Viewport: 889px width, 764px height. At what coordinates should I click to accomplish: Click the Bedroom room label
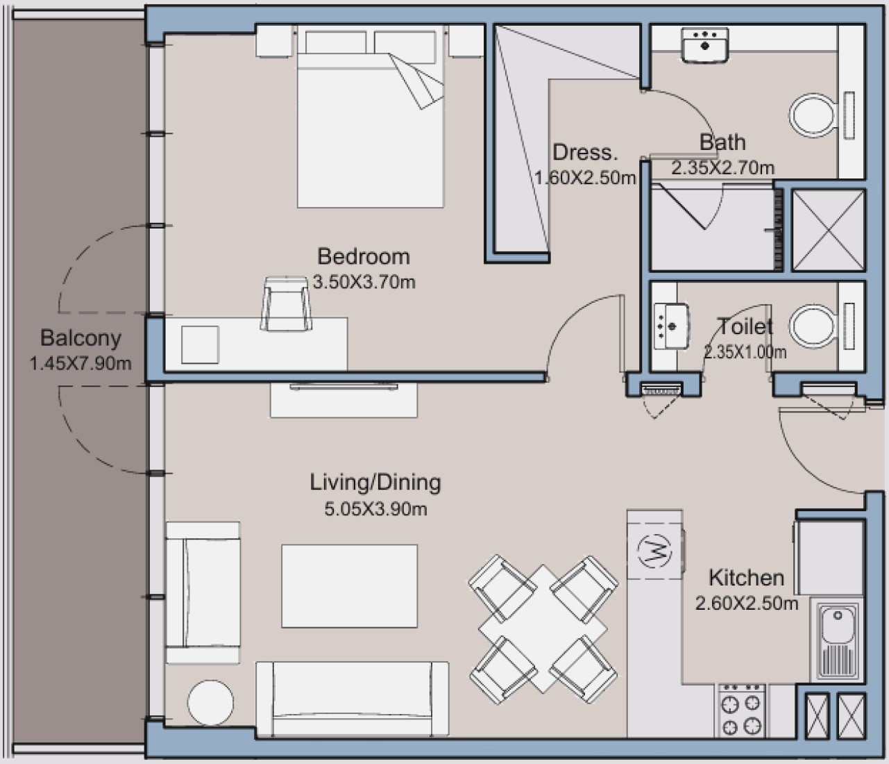pos(364,256)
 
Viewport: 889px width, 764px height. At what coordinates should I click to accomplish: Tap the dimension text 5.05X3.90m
pos(375,509)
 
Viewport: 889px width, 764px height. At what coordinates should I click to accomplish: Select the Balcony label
pos(81,338)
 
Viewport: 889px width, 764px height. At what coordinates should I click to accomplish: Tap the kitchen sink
pos(836,640)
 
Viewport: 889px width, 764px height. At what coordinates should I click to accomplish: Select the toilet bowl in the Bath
pos(813,115)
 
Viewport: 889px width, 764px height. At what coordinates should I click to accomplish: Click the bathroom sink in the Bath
pos(704,44)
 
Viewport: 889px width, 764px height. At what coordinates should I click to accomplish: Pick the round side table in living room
pos(210,703)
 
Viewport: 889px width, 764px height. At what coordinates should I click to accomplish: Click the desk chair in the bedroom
pos(286,304)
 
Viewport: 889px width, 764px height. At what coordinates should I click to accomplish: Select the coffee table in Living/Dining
pos(349,586)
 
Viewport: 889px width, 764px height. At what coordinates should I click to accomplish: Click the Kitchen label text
pos(747,578)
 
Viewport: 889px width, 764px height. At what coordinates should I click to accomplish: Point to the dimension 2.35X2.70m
pos(722,167)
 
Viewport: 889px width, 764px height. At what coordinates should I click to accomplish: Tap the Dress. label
pos(585,152)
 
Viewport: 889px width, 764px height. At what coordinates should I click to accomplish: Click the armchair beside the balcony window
pos(203,592)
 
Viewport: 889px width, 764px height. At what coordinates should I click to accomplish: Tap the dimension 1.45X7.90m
pos(81,364)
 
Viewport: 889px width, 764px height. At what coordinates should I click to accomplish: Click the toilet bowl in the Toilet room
pos(813,326)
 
